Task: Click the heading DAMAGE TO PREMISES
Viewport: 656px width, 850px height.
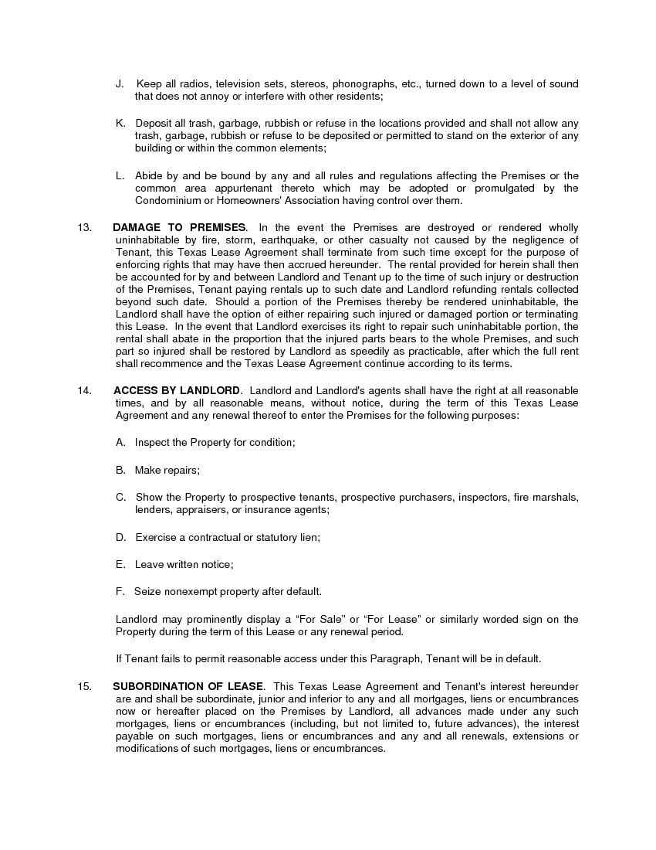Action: [179, 227]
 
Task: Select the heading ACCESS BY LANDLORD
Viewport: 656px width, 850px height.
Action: [178, 390]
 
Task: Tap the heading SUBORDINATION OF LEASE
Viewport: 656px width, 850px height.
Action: [188, 686]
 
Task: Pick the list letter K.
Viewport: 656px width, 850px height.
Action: [120, 123]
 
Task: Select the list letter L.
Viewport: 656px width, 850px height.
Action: [120, 175]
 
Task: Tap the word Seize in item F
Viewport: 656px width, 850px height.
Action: [147, 591]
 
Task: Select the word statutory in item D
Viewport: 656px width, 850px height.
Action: [277, 536]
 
